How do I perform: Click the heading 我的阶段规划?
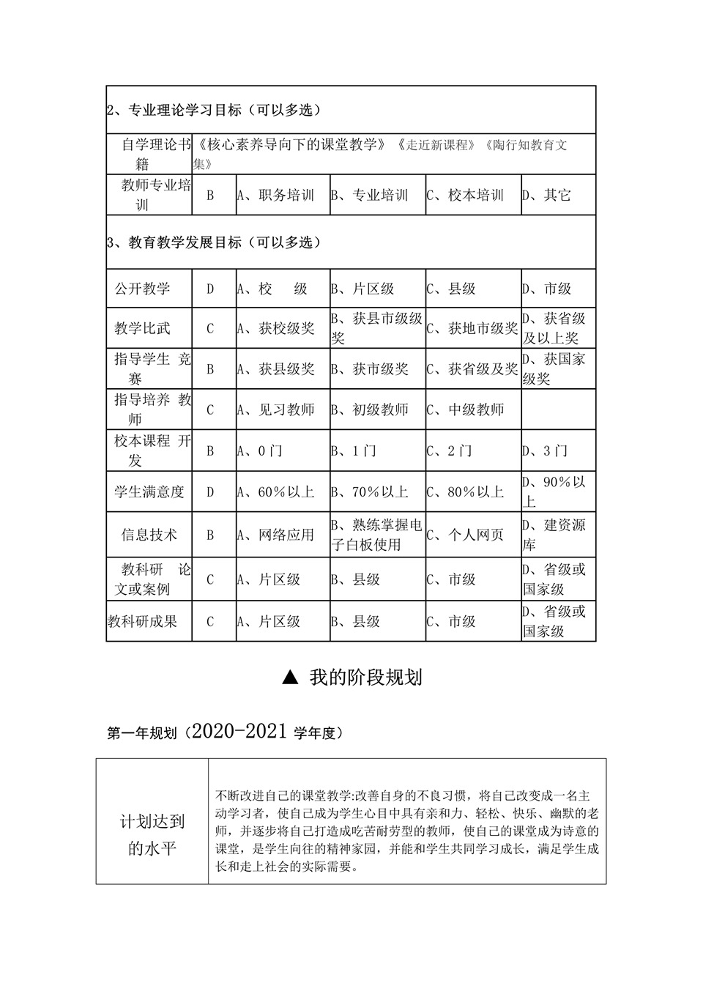365,678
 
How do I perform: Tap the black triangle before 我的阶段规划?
291,678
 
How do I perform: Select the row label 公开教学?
142,289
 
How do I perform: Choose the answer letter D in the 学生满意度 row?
210,492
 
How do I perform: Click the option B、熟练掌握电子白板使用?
376,535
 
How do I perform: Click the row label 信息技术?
149,535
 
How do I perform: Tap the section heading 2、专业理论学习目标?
213,111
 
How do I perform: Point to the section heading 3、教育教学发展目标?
213,242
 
